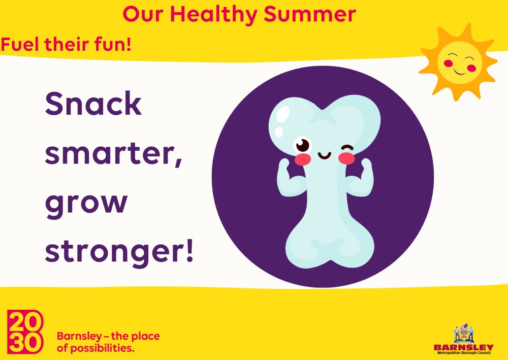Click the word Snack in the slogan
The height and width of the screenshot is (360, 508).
click(x=93, y=104)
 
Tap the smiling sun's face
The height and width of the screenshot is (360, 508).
click(x=459, y=62)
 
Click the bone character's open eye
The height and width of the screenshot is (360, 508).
click(x=303, y=145)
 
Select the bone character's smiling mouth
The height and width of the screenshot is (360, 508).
click(x=324, y=156)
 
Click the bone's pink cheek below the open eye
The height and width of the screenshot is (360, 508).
click(x=303, y=159)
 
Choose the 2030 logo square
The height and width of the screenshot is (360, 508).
click(x=25, y=332)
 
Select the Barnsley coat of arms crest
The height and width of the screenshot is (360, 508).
click(x=464, y=334)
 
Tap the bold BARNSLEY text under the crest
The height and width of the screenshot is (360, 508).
click(x=464, y=347)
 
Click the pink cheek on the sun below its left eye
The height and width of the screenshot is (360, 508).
click(x=448, y=63)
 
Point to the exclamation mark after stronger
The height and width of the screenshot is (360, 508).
click(x=189, y=250)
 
